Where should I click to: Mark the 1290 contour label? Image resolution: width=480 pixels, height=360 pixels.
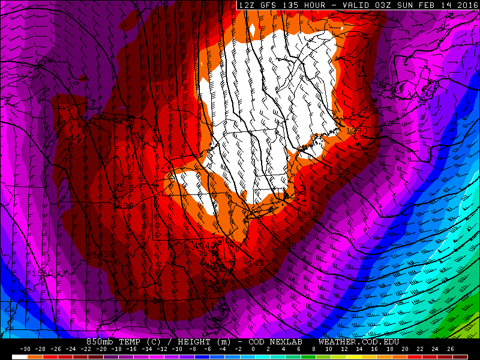pyautogui.click(x=355, y=131)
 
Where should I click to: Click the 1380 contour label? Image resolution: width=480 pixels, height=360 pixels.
pyautogui.click(x=286, y=246)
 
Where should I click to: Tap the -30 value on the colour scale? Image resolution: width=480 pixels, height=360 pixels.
pyautogui.click(x=25, y=349)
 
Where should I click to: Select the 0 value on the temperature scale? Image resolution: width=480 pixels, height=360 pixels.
pyautogui.click(x=253, y=349)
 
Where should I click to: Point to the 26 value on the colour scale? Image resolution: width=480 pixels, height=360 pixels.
pyautogui.click(x=449, y=349)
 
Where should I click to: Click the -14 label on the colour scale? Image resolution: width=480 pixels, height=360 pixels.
pyautogui.click(x=146, y=349)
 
